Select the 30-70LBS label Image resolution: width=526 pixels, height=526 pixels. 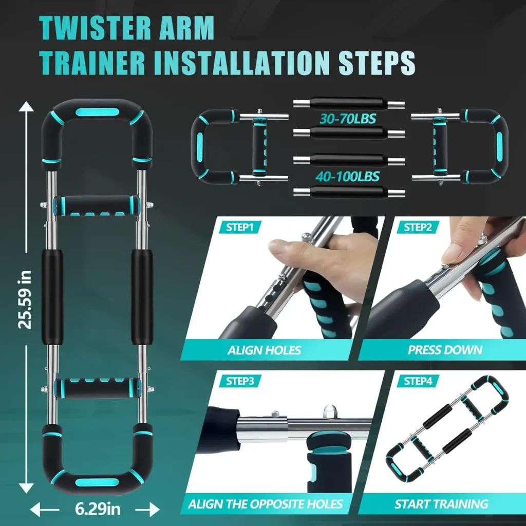pyautogui.click(x=348, y=119)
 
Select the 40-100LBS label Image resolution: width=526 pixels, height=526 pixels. pyautogui.click(x=348, y=177)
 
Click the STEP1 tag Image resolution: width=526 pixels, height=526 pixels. pyautogui.click(x=239, y=227)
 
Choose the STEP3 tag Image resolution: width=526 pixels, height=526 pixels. pyautogui.click(x=239, y=381)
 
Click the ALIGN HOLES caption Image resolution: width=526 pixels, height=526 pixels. pyautogui.click(x=264, y=351)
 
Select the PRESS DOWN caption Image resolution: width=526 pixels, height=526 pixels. pyautogui.click(x=445, y=350)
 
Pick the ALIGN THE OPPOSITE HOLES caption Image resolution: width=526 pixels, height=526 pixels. pyautogui.click(x=265, y=504)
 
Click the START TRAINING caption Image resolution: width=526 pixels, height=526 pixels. pyautogui.click(x=441, y=504)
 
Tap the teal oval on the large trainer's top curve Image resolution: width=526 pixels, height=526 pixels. pyautogui.click(x=96, y=112)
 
